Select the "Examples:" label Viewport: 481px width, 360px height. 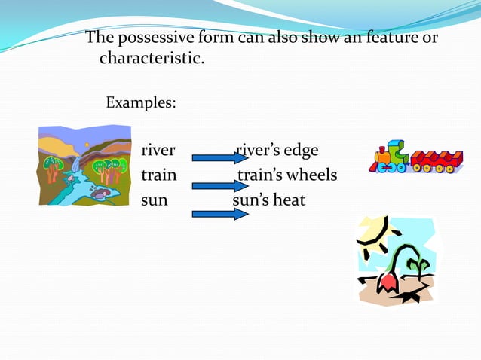tap(141, 101)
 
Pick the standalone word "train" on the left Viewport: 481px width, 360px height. tap(158, 175)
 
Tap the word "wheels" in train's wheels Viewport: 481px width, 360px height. tap(310, 175)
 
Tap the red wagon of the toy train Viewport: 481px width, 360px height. tap(437, 160)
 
